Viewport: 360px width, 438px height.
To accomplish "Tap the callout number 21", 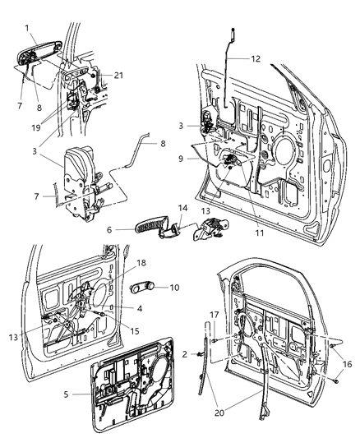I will [x=119, y=76].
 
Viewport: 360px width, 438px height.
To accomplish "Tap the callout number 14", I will [x=183, y=209].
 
